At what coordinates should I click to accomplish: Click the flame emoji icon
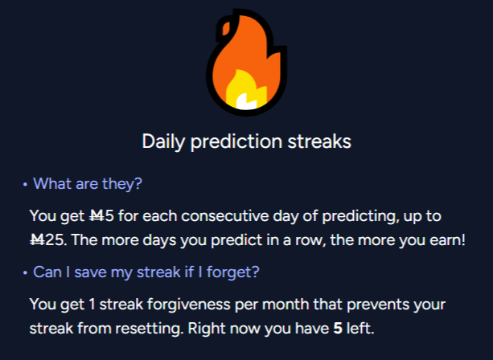tap(246, 62)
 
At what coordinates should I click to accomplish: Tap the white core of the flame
tap(246, 100)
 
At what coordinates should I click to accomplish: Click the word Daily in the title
tap(163, 141)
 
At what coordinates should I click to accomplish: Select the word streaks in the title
tap(319, 141)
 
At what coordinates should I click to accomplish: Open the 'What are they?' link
tap(88, 183)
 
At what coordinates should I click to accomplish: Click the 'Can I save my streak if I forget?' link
tap(146, 272)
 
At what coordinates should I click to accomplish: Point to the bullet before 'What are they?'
tap(25, 185)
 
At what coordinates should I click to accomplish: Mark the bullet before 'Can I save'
tap(25, 273)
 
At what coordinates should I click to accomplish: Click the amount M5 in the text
tap(101, 216)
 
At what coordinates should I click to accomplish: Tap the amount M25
tap(47, 240)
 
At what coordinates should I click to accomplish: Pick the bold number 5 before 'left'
tap(338, 329)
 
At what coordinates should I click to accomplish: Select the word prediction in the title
tap(236, 141)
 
